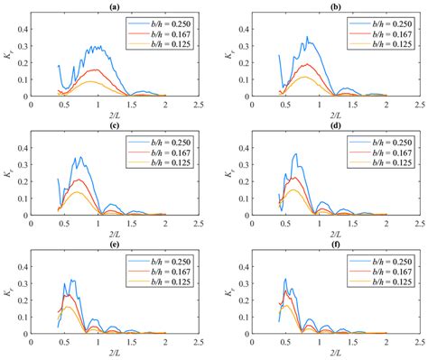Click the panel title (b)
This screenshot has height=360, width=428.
tap(330, 6)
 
